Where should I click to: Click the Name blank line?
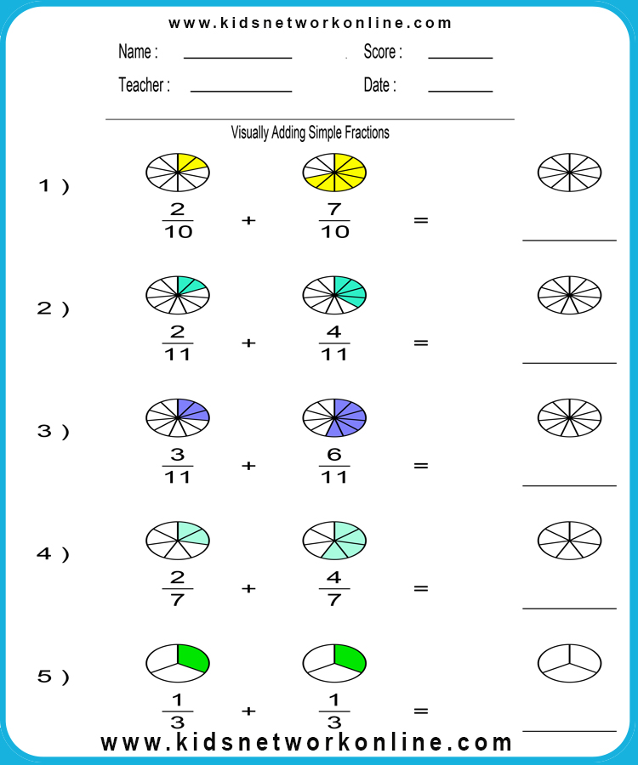pyautogui.click(x=237, y=58)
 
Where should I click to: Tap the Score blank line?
pyautogui.click(x=460, y=58)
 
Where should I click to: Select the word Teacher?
pyautogui.click(x=141, y=85)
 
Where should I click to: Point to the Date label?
pyautogui.click(x=379, y=85)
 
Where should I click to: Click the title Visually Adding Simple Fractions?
pyautogui.click(x=310, y=133)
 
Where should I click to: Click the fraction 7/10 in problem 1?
pyautogui.click(x=334, y=220)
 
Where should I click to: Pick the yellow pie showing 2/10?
pyautogui.click(x=178, y=173)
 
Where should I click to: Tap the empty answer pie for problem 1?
pyautogui.click(x=569, y=173)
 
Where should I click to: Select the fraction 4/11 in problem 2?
pyautogui.click(x=334, y=343)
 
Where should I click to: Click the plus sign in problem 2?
pyautogui.click(x=248, y=343)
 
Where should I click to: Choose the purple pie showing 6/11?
pyautogui.click(x=334, y=417)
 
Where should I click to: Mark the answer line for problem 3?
pyautogui.click(x=569, y=485)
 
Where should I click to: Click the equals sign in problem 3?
pyautogui.click(x=421, y=466)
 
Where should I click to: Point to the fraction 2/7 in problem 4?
pyautogui.click(x=178, y=588)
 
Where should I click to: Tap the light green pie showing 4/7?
pyautogui.click(x=334, y=540)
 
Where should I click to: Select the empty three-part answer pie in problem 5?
pyautogui.click(x=569, y=663)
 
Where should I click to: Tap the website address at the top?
pyautogui.click(x=310, y=23)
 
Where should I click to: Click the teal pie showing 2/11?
pyautogui.click(x=178, y=295)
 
